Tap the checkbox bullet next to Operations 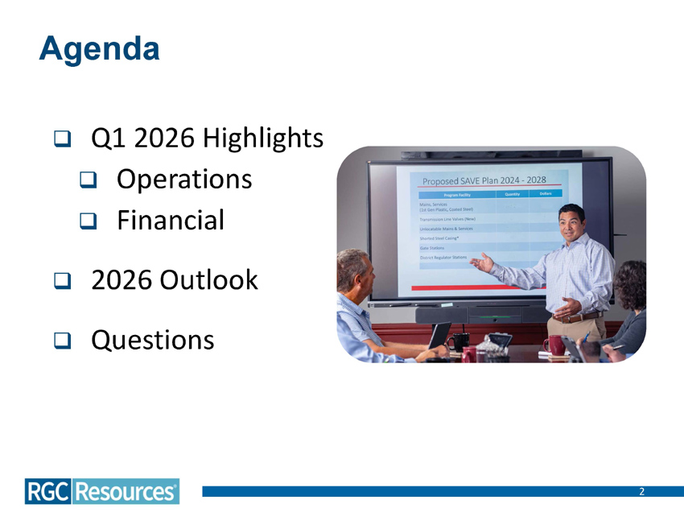click(x=87, y=180)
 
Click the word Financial click(x=171, y=219)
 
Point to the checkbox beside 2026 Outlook click(x=61, y=281)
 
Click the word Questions click(x=153, y=340)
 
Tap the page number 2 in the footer click(x=641, y=491)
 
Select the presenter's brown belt click(x=577, y=316)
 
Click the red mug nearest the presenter click(x=554, y=345)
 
